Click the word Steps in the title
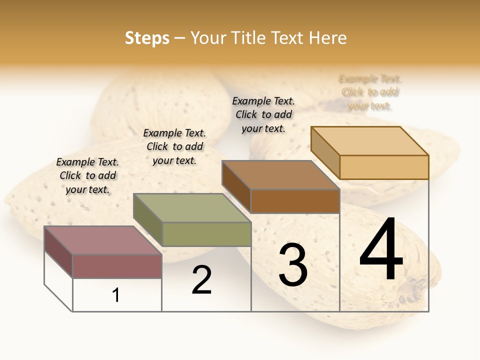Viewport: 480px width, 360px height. coord(147,38)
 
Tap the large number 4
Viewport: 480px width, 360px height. coord(381,250)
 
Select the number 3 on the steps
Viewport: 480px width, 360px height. coord(293,265)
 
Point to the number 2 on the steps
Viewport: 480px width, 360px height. coord(201,280)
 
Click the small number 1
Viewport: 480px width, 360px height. coord(116,295)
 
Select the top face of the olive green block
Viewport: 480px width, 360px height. coord(192,208)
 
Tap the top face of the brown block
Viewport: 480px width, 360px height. coord(280,175)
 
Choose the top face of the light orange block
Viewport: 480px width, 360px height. coord(369,141)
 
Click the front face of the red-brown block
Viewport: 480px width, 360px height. coord(117,266)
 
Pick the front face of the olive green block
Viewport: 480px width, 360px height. coord(206,234)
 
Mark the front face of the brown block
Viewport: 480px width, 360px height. coord(295,201)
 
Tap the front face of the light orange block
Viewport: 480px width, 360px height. coord(384,167)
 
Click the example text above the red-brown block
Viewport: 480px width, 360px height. coord(87,175)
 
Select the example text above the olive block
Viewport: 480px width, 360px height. coord(174,146)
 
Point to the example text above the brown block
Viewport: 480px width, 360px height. coord(263,114)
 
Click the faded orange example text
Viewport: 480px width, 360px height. coord(370,92)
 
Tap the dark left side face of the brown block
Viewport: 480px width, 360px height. coord(236,186)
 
